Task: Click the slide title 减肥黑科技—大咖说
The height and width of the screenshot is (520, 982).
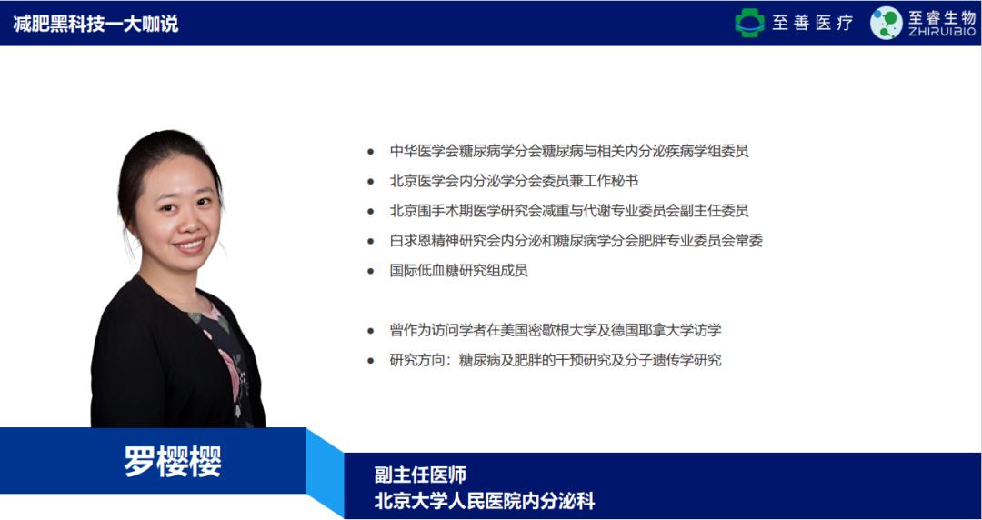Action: (95, 24)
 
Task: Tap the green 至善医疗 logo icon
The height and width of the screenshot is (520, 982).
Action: (750, 23)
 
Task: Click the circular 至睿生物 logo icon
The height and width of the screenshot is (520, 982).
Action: (886, 23)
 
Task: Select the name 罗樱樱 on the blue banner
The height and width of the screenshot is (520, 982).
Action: (173, 461)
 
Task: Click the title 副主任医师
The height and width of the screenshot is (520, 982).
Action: (420, 475)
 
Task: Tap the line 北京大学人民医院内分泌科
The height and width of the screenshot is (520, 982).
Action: (485, 500)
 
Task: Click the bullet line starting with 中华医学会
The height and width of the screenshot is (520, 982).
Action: (568, 151)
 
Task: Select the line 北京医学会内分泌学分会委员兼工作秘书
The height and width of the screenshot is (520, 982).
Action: (513, 180)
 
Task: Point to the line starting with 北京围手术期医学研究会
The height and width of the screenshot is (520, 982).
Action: (568, 210)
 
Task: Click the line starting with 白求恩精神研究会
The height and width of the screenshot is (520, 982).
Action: (576, 240)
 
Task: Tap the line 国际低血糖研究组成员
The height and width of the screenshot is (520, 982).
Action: (458, 270)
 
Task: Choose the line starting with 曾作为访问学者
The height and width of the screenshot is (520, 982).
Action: (555, 330)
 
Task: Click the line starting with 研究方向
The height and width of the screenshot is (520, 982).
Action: (555, 360)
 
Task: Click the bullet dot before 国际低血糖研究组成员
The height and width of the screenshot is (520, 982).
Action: (370, 271)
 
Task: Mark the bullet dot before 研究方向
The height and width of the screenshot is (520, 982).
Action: (370, 361)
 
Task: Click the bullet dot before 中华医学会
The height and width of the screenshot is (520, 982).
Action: (370, 152)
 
